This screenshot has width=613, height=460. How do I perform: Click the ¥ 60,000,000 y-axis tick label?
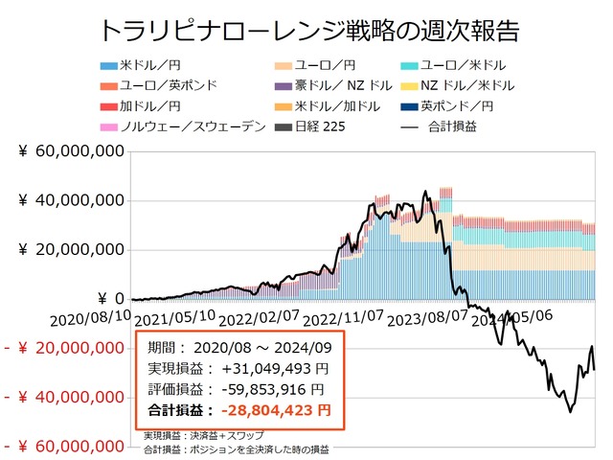[69, 151]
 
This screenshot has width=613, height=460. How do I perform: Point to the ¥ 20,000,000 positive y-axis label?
[69, 250]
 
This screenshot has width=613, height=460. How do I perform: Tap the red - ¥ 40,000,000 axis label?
[65, 398]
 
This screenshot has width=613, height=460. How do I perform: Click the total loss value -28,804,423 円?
[278, 410]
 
